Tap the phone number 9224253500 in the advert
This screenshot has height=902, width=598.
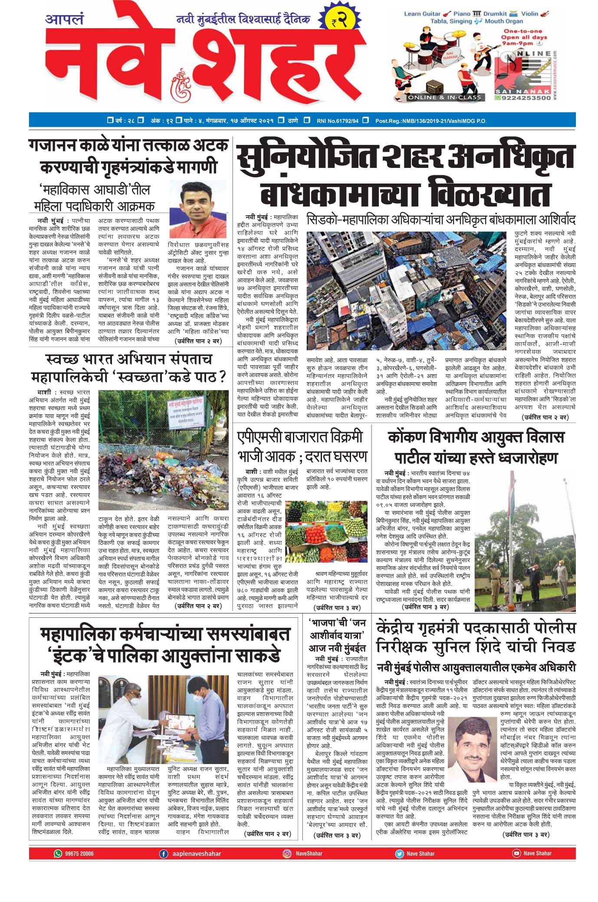click(x=526, y=98)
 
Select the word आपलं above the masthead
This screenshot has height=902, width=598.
click(x=64, y=20)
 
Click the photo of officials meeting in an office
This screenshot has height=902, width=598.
click(x=163, y=718)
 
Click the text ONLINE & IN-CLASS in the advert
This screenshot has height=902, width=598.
click(x=444, y=98)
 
